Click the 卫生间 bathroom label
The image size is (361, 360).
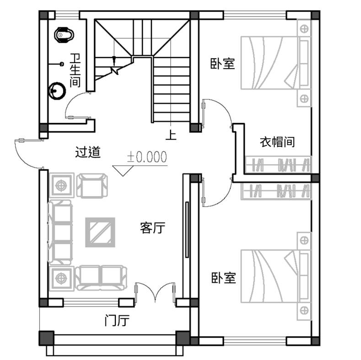[x=75, y=70]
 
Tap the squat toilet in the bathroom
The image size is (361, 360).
[x=64, y=35]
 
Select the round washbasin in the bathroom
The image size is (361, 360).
[x=57, y=91]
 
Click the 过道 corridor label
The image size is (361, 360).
[x=88, y=152]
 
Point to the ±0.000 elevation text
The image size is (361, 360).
[x=147, y=157]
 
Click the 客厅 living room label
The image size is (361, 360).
[x=153, y=228]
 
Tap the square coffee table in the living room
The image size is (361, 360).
[x=100, y=232]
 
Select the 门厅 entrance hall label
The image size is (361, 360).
[x=117, y=320]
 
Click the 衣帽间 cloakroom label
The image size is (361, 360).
[x=277, y=142]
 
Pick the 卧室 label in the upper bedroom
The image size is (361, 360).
[x=222, y=64]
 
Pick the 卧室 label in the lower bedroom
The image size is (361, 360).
[x=224, y=278]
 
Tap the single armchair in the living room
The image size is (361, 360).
[x=92, y=186]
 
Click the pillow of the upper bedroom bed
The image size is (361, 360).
[x=304, y=63]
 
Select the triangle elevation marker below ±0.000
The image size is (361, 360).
[x=123, y=171]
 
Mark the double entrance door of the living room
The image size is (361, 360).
[x=155, y=292]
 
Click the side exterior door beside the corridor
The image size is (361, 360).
[x=29, y=154]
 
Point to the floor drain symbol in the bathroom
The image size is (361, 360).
[x=62, y=64]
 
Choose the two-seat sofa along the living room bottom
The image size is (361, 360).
[x=101, y=277]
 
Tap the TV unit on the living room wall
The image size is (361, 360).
[x=187, y=230]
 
